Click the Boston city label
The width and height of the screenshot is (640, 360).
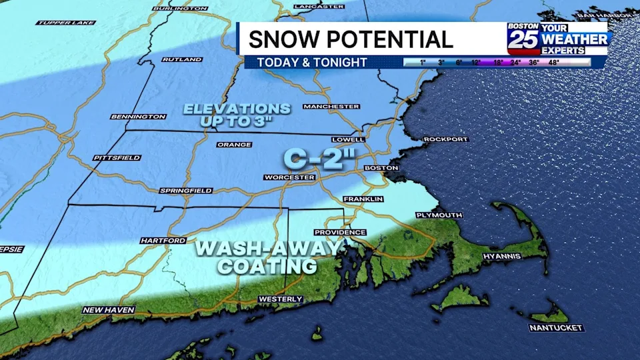click(381, 168)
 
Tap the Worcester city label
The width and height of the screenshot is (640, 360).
click(289, 177)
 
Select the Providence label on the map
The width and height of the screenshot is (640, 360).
click(340, 232)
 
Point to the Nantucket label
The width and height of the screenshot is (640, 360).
click(556, 328)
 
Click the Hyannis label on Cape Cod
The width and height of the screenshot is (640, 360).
click(501, 256)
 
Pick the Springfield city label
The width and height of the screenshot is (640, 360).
click(185, 191)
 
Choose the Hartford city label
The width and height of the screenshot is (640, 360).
click(163, 240)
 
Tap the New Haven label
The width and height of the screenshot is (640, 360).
click(109, 310)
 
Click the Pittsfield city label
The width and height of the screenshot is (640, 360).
click(117, 158)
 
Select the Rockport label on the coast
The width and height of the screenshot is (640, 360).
click(445, 139)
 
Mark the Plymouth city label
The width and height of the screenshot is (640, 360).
click(439, 215)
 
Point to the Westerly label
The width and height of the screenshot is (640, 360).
click(280, 299)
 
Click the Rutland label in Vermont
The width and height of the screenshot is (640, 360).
click(181, 59)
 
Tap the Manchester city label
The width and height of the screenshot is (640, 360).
click(331, 106)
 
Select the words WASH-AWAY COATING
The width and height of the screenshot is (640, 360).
click(267, 257)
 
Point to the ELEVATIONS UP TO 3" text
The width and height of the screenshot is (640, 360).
click(237, 115)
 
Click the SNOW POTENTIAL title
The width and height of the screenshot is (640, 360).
click(351, 39)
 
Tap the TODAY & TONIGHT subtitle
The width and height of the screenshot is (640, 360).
click(307, 62)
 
